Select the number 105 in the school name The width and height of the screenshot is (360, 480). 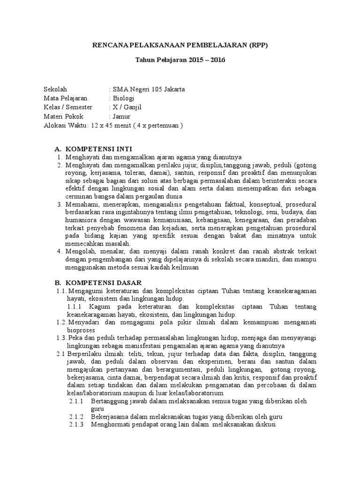tap(153, 90)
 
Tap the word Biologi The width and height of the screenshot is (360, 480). tap(123, 98)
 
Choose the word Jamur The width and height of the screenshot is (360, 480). tap(121, 116)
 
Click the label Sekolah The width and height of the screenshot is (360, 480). tap(55, 90)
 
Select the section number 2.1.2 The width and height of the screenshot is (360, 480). tap(76, 417)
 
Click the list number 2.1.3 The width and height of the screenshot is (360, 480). tap(76, 425)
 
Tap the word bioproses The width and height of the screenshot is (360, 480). tap(81, 330)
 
